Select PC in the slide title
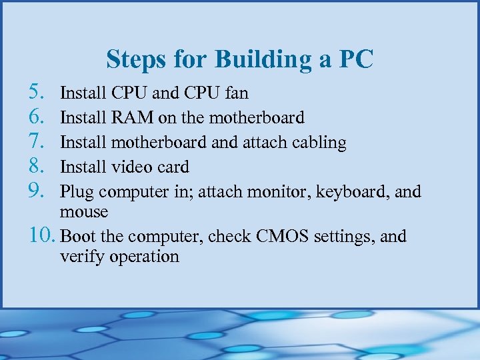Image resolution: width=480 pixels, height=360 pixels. pyautogui.click(x=356, y=59)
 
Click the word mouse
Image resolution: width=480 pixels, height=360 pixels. pyautogui.click(x=83, y=212)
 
